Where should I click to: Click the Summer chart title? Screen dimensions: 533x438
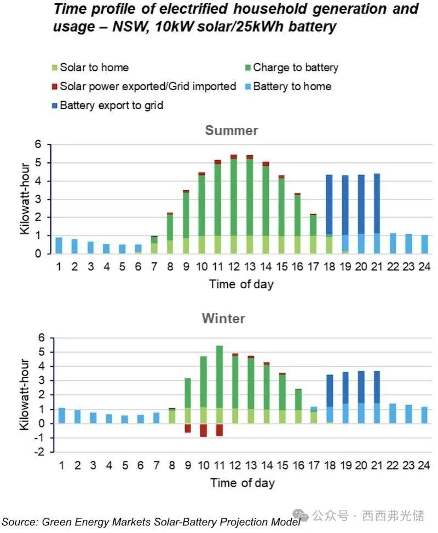(231, 131)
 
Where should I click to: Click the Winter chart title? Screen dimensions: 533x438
(231, 318)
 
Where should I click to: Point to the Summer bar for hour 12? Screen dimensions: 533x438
(234, 205)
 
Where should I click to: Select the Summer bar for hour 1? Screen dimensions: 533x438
(59, 245)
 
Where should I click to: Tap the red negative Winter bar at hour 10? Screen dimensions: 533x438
(203, 430)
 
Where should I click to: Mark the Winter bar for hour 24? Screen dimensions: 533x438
(424, 415)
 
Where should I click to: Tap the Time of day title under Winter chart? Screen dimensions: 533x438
(241, 483)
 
